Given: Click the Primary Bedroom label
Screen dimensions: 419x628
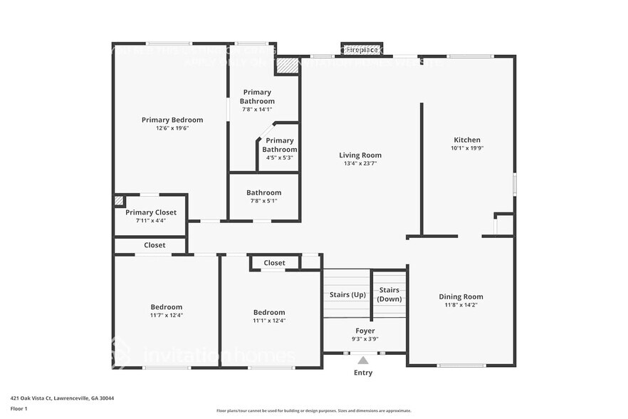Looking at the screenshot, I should point(172,120).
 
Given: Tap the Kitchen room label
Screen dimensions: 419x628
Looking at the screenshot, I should point(467,140).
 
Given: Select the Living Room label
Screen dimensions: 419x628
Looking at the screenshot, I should point(360,155).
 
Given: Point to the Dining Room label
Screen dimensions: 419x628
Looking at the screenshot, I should point(460,296).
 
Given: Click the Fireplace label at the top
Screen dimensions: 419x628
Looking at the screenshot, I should point(362,49).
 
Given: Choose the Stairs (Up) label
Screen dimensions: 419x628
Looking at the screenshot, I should point(347,294).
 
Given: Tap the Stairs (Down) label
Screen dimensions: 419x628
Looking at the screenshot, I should point(389,294).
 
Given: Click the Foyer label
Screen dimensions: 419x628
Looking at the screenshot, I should point(365,331).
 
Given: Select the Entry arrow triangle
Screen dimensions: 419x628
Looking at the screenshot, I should point(363,360).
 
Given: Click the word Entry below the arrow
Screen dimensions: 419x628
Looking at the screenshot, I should point(363,373).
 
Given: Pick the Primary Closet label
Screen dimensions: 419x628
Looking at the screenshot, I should point(150,212).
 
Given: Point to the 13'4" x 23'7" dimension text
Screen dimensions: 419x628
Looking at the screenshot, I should point(360,163).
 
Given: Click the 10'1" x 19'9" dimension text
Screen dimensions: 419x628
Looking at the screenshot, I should point(467,148).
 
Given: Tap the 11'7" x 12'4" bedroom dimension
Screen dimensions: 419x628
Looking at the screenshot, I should point(166,315).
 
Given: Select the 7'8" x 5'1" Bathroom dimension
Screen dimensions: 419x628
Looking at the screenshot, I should point(263,201).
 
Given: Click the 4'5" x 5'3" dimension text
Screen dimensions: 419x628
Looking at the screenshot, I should point(279,157).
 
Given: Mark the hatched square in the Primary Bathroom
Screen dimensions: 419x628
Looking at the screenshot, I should point(287,65).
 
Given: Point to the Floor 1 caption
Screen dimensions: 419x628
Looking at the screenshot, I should point(19,408).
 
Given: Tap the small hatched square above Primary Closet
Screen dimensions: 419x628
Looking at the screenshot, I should point(119,201).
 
